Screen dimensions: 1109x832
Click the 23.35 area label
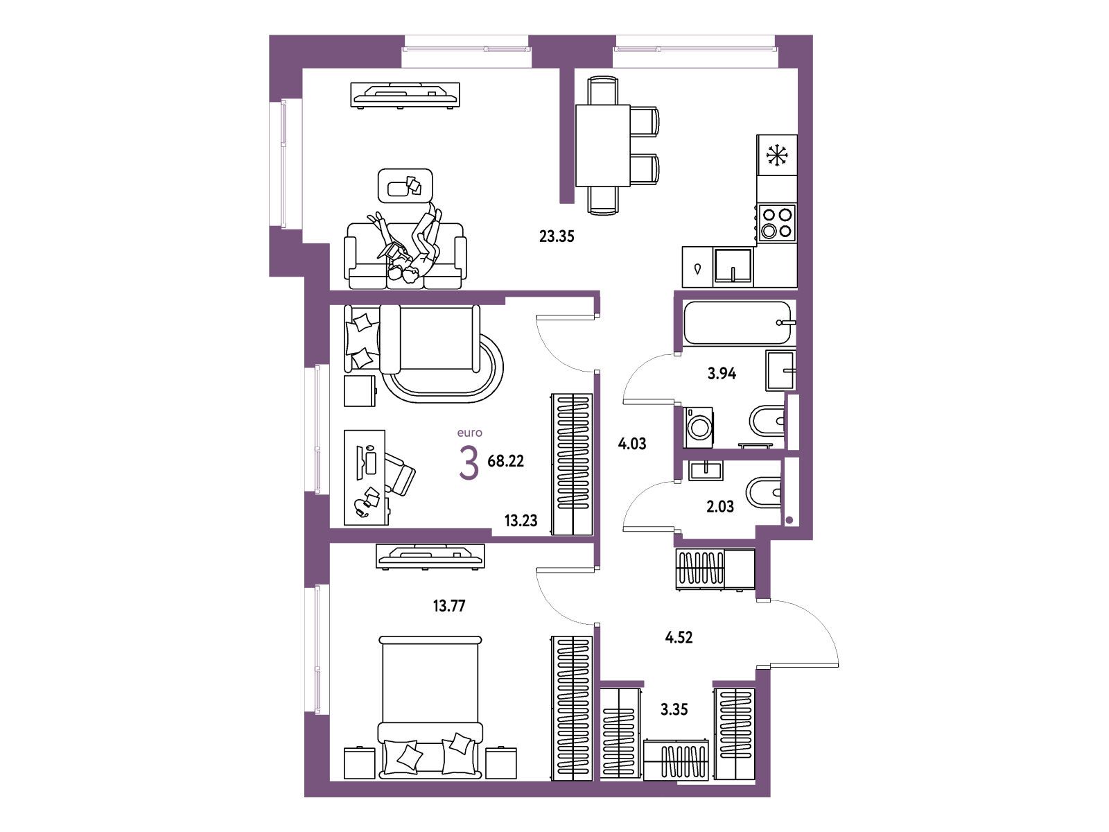(557, 236)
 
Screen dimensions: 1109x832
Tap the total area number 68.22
(506, 460)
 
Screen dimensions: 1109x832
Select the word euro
(470, 433)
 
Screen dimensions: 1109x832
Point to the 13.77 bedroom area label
(449, 606)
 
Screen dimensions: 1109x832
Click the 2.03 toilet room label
(720, 506)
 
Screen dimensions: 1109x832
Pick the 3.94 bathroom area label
(722, 374)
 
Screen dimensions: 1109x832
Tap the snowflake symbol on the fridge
(777, 155)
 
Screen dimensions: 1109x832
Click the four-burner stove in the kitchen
(776, 223)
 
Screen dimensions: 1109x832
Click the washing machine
(698, 428)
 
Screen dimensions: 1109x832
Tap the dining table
(603, 146)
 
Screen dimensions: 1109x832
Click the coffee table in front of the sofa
(405, 185)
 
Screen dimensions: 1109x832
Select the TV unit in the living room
(406, 95)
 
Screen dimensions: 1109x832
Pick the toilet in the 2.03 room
(764, 492)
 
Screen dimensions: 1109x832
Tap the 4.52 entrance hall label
(679, 637)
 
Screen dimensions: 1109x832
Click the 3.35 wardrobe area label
(674, 710)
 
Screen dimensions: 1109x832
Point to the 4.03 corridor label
(632, 444)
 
